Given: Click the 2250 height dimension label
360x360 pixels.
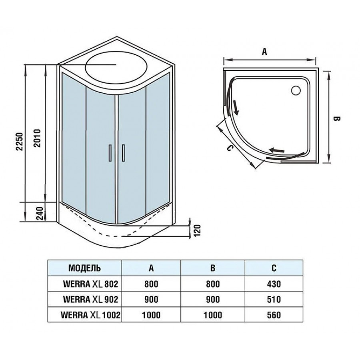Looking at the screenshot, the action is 20,141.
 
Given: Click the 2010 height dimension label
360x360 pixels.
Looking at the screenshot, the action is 37,138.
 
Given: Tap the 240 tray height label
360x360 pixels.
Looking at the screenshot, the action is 40,214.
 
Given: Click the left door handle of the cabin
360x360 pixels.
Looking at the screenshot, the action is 110,153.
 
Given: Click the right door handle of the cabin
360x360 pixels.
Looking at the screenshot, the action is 123,153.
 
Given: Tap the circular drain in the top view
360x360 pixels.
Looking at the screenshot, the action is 296,90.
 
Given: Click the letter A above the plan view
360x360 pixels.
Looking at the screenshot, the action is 264,52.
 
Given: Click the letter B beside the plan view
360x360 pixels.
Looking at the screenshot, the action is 336,119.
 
